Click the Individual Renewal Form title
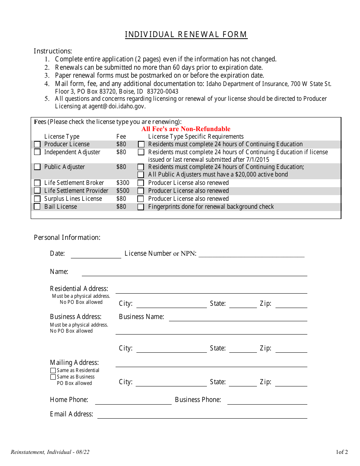click(x=186, y=34)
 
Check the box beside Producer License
click(x=37, y=144)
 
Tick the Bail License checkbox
click(x=37, y=206)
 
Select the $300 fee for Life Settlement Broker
click(x=122, y=183)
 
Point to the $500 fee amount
click(x=122, y=191)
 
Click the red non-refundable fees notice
click(x=186, y=129)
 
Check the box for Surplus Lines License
click(x=37, y=199)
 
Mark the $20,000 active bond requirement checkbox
click(x=141, y=175)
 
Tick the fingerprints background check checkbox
click(x=141, y=207)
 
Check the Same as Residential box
click(x=53, y=371)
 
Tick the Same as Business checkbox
click(x=53, y=377)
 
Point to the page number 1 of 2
click(x=341, y=452)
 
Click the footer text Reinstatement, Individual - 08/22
click(x=50, y=452)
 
